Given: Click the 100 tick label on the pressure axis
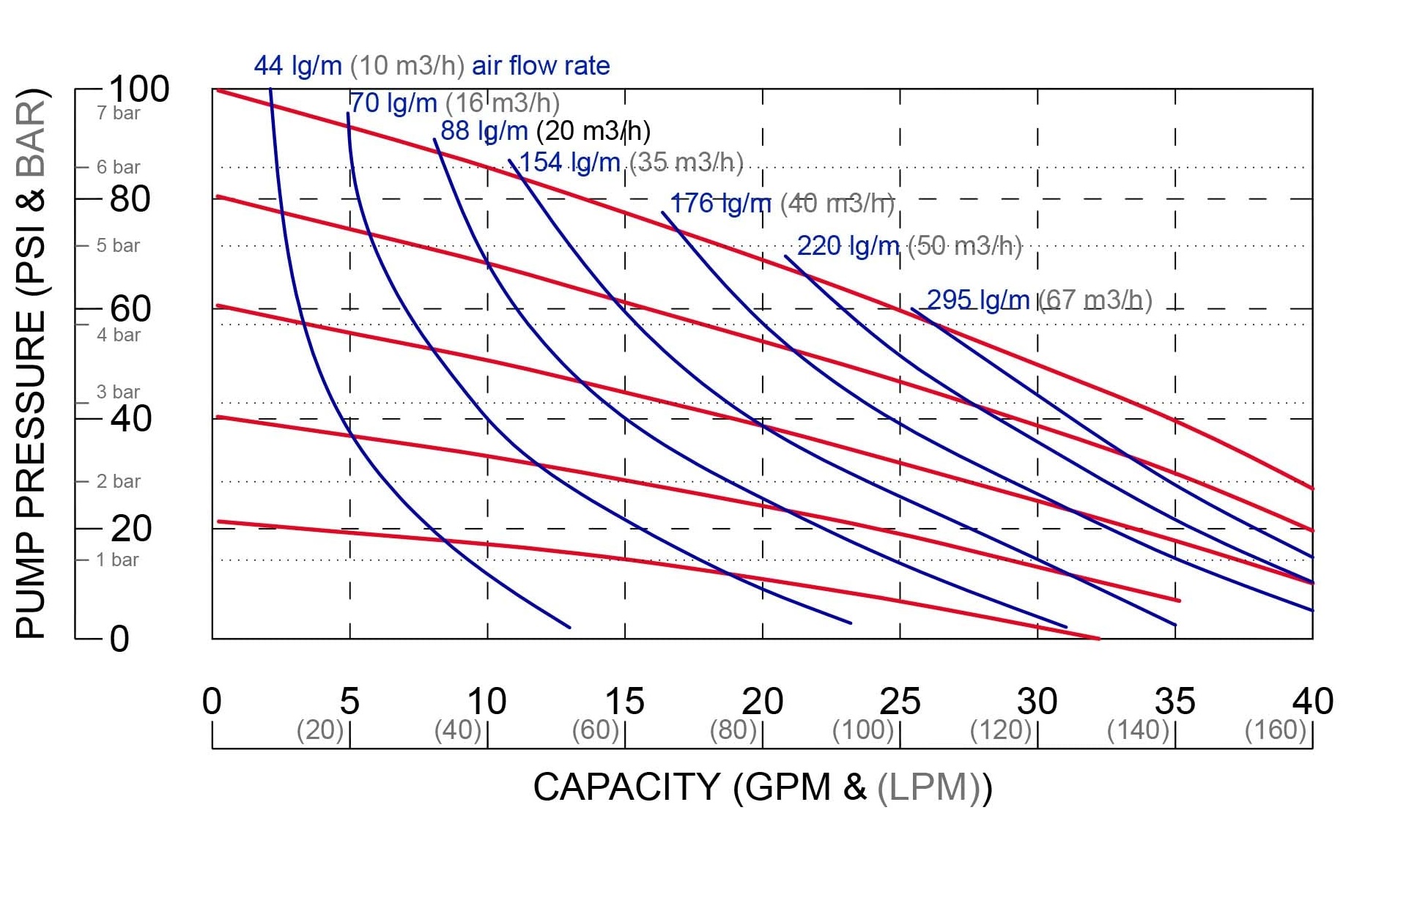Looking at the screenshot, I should click(138, 89).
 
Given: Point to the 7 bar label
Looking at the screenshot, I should click(118, 114).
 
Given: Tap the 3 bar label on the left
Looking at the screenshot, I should click(118, 392).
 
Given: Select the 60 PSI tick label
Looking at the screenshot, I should click(130, 309).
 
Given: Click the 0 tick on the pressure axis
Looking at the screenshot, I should click(119, 639).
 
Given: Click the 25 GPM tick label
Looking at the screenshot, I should click(900, 702).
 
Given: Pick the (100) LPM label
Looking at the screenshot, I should click(863, 729).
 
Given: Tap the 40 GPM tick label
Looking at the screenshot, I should click(1312, 702).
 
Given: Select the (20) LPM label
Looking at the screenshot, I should click(319, 729).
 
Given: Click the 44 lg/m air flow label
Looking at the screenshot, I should click(297, 66).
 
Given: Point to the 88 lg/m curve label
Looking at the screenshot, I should click(484, 131).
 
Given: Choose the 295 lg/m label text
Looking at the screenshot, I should click(977, 300).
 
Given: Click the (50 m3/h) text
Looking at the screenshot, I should click(965, 246).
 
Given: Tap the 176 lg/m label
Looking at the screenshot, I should click(721, 204).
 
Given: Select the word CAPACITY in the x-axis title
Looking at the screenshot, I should click(626, 787).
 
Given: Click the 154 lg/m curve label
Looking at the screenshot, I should click(569, 163).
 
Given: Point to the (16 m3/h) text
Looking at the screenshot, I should click(503, 103).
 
